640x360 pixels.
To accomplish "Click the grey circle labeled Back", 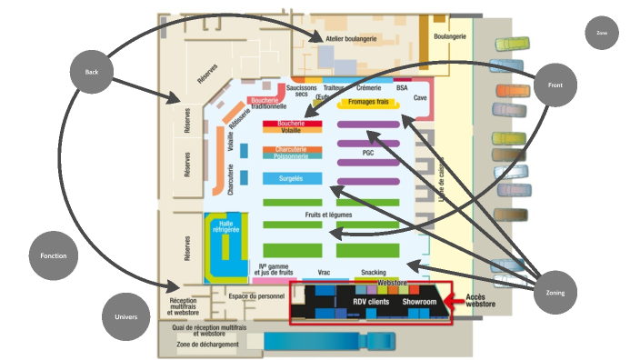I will tap(92, 72).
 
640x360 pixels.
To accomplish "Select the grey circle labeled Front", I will tap(555, 85).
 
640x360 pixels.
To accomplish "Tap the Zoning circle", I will tap(555, 294).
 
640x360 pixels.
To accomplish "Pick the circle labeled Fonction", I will tap(54, 256).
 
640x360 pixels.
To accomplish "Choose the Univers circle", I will tap(126, 317).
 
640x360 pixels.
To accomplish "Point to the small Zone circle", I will tap(602, 33).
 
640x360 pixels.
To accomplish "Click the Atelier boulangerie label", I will tap(352, 40).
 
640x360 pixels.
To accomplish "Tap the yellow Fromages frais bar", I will tap(368, 102).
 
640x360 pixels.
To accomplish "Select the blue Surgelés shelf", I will tap(292, 178).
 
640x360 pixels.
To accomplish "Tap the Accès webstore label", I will tap(481, 302).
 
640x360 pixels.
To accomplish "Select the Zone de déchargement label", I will tap(208, 345).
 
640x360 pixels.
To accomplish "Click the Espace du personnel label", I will tap(257, 296).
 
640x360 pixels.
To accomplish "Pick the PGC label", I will tap(368, 153).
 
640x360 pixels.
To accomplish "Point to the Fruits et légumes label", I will tap(328, 215).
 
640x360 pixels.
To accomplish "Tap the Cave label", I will tap(420, 97).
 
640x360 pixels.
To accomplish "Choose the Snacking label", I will tap(373, 273).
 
